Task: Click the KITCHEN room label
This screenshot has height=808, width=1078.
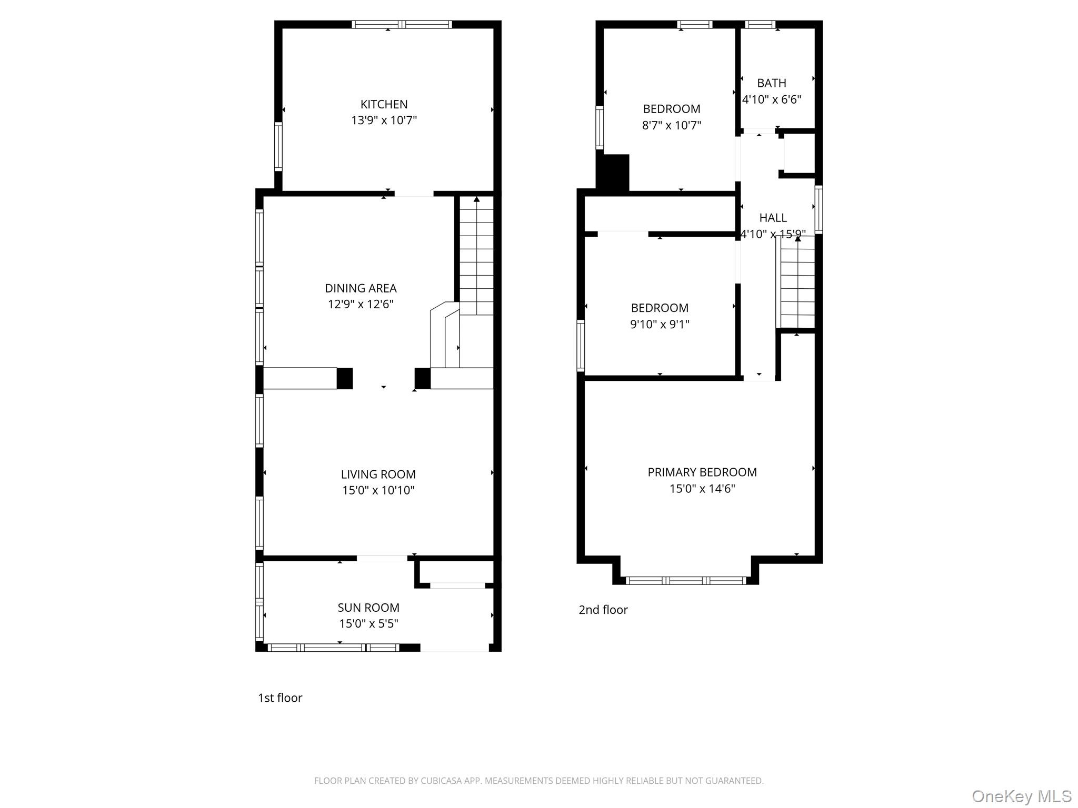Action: click(384, 104)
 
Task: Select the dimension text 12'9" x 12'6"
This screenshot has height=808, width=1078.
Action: click(361, 304)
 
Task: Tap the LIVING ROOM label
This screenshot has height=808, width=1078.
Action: click(378, 474)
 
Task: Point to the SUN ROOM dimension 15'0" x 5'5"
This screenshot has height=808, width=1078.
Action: click(368, 624)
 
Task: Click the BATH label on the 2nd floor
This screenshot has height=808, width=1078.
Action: click(772, 83)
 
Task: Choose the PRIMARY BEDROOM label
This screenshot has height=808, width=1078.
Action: click(702, 472)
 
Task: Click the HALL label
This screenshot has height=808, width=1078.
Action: click(773, 218)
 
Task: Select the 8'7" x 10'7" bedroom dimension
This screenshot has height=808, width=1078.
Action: click(672, 125)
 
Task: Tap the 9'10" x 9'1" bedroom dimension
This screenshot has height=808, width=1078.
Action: click(660, 324)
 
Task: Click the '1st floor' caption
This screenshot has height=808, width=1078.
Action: click(280, 698)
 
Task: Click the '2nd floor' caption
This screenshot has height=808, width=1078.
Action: click(603, 610)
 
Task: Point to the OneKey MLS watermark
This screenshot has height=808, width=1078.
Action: click(1021, 796)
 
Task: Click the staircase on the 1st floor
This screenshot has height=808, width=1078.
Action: click(476, 256)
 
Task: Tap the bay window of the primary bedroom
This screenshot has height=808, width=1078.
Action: click(686, 580)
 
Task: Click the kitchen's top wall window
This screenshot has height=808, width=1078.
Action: click(402, 24)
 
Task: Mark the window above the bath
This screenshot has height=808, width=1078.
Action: click(761, 24)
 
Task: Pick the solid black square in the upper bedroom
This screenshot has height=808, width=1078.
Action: click(613, 173)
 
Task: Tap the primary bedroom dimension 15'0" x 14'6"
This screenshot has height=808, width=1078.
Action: click(702, 489)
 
